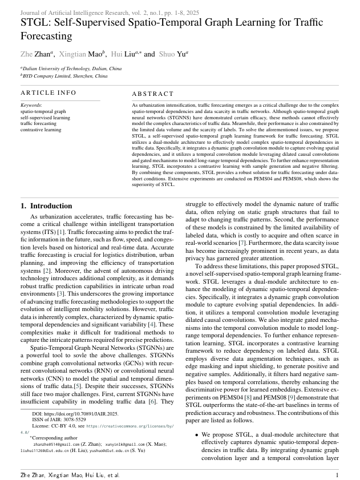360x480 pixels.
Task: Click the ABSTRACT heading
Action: coord(152,94)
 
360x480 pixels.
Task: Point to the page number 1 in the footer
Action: coord(337,474)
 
